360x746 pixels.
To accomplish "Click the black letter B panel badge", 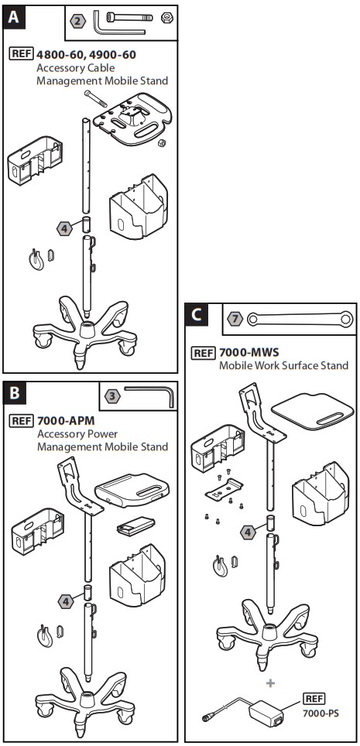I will coord(15,394).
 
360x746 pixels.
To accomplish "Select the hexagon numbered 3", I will coord(113,396).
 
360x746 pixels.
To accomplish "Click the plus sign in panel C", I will coord(270,683).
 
